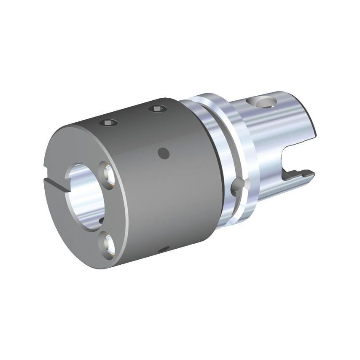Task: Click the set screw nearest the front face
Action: tap(108, 123)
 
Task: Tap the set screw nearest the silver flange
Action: tap(157, 109)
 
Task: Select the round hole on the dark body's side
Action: tap(163, 153)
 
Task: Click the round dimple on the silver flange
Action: tap(238, 185)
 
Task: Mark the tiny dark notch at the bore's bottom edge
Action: tap(101, 220)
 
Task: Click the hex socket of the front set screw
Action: tap(108, 123)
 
